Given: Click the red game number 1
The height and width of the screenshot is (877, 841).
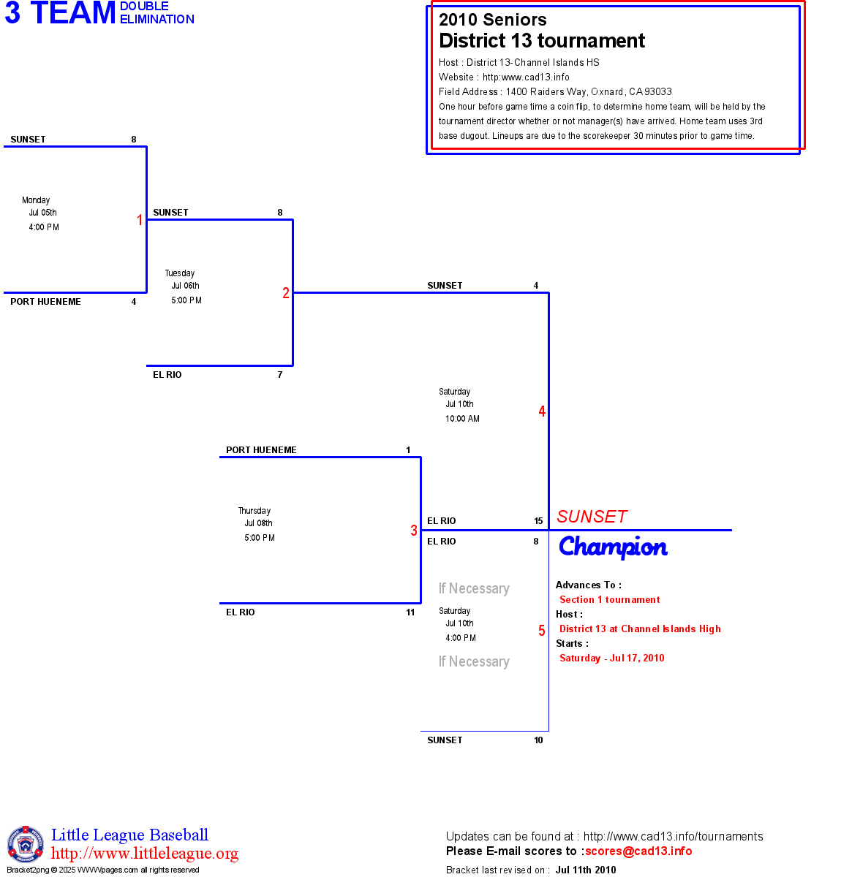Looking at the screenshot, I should pos(140,220).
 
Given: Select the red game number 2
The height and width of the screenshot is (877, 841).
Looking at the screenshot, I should pos(286,293).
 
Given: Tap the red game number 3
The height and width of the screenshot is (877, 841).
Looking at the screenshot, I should pos(414,531).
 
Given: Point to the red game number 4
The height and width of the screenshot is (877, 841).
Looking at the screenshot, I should pos(542,411).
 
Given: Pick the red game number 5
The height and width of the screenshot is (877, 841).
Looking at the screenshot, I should pos(542,631).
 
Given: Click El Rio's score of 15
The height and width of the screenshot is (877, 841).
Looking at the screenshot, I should pos(538,521).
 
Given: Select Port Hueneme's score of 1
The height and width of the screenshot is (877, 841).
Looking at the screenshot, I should pos(408,450).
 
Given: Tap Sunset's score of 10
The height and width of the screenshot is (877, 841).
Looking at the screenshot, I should pos(538,740).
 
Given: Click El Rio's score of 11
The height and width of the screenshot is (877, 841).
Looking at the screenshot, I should pos(410,612).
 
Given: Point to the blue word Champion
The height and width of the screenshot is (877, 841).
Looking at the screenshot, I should pos(613,547).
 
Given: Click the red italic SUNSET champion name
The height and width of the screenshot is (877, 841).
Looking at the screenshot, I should pos(592,517).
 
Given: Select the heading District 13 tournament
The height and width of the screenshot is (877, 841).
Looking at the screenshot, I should pos(542,41).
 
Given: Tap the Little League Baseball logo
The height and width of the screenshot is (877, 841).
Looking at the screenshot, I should pos(26,844).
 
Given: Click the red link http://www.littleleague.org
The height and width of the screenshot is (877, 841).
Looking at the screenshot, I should pos(145,854).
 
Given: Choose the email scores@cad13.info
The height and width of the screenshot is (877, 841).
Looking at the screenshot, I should pos(638,851).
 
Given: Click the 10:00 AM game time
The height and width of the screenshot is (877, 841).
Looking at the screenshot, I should pos(462,419).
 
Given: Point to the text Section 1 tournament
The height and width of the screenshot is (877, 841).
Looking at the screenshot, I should pos(609,599).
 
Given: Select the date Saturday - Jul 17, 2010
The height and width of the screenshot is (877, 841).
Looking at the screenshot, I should pos(611,658).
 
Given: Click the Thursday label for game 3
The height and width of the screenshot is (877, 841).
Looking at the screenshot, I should pos(254,511).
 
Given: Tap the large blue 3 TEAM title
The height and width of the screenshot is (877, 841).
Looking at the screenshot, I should pos(61,13).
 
